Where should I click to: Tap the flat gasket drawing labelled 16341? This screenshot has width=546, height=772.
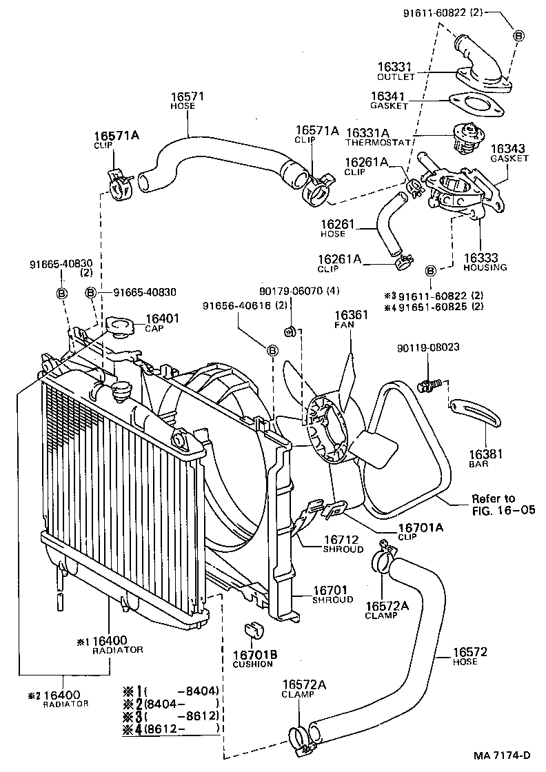point(474,107)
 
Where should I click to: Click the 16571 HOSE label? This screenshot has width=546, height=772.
point(183,101)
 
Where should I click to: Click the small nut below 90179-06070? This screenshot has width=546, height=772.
point(290,332)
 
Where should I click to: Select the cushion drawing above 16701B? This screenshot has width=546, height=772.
point(251,631)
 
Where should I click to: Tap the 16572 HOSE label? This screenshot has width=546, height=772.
point(470,656)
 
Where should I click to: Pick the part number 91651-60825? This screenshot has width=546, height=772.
point(434,306)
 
